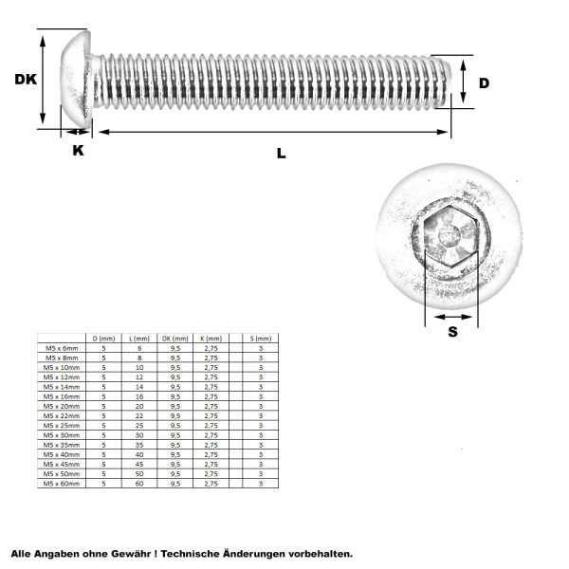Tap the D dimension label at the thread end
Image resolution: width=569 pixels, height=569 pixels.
[x=484, y=83]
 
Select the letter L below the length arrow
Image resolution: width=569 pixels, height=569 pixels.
[x=281, y=153]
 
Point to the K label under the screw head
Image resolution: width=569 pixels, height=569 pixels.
[x=78, y=150]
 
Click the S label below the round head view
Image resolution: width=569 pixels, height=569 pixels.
[x=452, y=331]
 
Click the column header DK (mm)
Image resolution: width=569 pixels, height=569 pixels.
[x=175, y=339]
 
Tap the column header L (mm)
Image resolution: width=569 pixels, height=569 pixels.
[x=140, y=339]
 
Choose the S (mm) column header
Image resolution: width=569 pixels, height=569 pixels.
[x=260, y=339]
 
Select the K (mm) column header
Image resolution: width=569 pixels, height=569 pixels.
[x=211, y=339]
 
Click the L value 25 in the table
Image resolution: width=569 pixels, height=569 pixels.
[x=140, y=426]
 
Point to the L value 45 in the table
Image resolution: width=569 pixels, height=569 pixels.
[x=140, y=465]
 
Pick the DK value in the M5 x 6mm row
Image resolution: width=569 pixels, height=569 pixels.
[x=175, y=349]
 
